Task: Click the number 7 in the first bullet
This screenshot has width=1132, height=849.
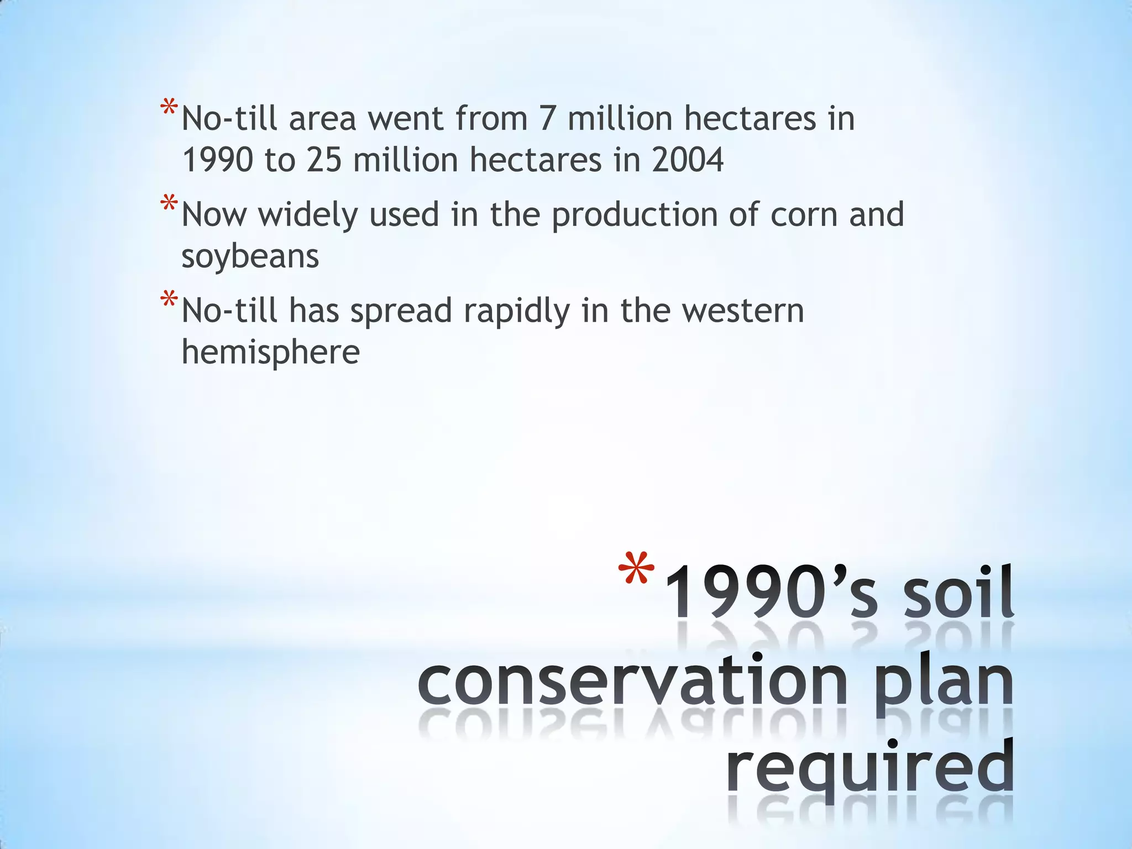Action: click(547, 119)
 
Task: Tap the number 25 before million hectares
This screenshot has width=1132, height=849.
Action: click(324, 160)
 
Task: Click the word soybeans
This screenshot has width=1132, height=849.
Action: click(250, 257)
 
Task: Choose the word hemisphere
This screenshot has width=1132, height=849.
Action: click(270, 353)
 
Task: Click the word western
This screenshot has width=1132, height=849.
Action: click(743, 311)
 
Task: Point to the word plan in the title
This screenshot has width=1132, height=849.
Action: click(944, 683)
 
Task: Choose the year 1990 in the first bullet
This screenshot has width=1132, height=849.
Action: click(218, 160)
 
